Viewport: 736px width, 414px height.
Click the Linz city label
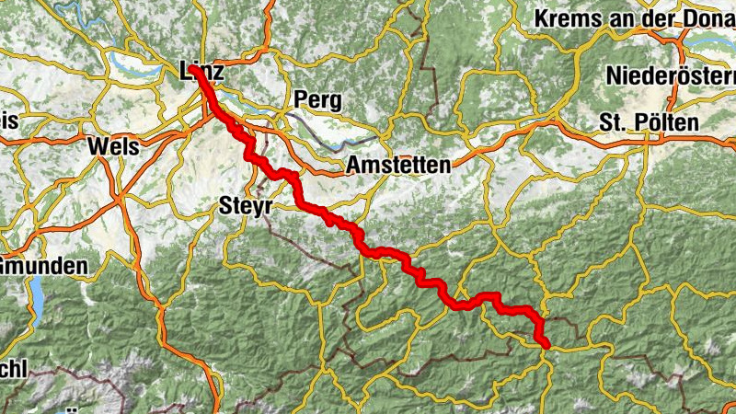203,71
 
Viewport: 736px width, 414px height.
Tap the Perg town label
317,98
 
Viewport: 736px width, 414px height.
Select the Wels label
113,145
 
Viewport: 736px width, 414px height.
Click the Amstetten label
398,166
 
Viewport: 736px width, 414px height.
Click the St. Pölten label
648,122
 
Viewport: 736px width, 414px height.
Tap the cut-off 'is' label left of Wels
9,121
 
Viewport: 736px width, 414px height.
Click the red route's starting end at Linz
196,69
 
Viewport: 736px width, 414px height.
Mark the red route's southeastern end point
546,344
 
